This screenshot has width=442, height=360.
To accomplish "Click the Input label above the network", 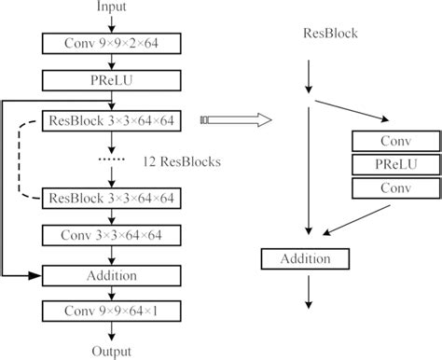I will (x=112, y=8).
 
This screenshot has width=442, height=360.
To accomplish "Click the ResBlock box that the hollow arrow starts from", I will (x=111, y=120).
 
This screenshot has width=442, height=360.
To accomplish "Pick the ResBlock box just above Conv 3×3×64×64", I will (x=111, y=197).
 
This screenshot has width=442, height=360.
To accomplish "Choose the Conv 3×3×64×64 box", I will (x=111, y=236).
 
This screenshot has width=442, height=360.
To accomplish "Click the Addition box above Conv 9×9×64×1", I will (x=111, y=275).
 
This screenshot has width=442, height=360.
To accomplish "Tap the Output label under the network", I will (x=112, y=351).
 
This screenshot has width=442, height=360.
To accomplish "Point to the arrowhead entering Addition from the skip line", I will (x=37, y=275).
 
